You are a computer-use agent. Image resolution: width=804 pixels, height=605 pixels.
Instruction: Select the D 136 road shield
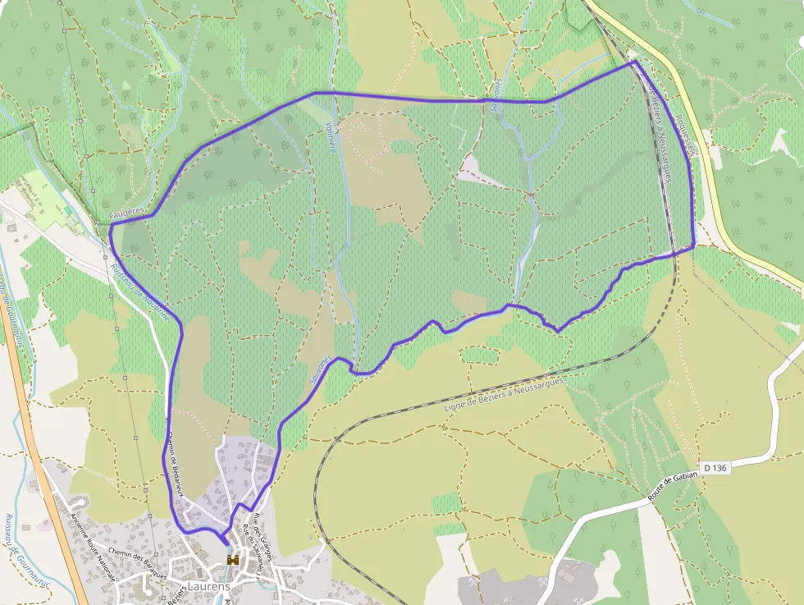tap(714, 468)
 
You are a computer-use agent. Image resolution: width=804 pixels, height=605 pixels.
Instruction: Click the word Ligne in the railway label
tap(454, 405)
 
